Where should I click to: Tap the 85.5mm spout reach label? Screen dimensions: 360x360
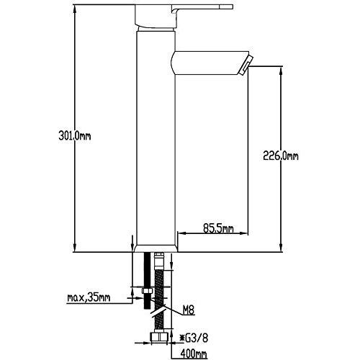[x=218, y=230]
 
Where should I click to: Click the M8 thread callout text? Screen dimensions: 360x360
[x=189, y=310]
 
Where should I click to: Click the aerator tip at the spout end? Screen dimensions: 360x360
[x=246, y=66]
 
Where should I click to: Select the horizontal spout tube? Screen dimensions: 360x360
[x=209, y=63]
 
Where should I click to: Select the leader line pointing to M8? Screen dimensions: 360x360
[x=174, y=308]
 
